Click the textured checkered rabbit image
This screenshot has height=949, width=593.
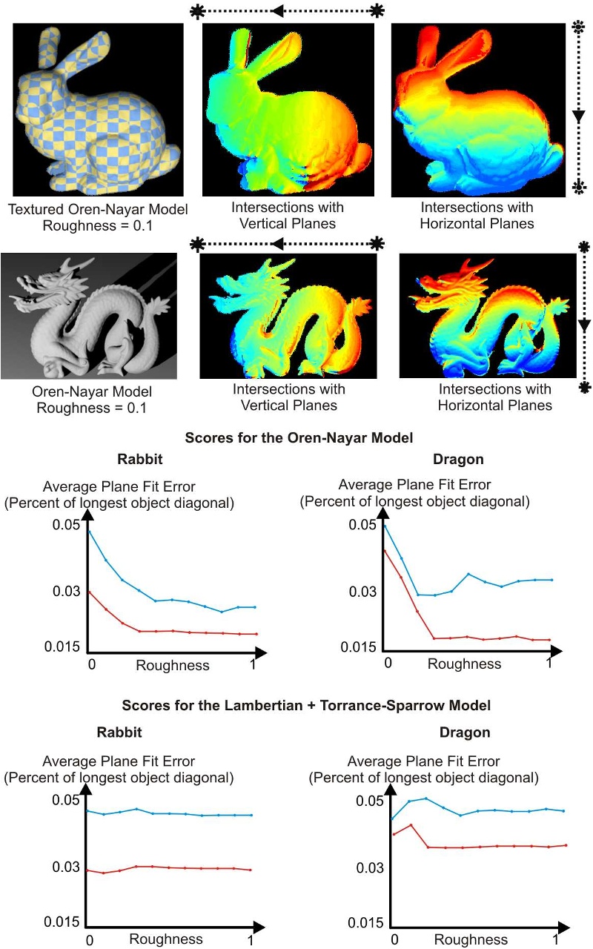coord(98,109)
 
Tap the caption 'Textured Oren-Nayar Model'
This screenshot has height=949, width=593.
coord(98,210)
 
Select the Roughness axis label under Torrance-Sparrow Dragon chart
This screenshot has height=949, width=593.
coord(471,939)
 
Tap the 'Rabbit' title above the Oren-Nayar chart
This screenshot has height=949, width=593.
coord(119,460)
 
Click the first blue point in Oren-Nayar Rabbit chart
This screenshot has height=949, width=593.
coord(89,532)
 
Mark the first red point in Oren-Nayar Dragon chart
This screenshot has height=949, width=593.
coord(385,550)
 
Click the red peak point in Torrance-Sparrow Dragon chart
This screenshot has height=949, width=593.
coord(411,824)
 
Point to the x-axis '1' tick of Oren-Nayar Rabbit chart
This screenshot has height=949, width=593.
coord(253,665)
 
